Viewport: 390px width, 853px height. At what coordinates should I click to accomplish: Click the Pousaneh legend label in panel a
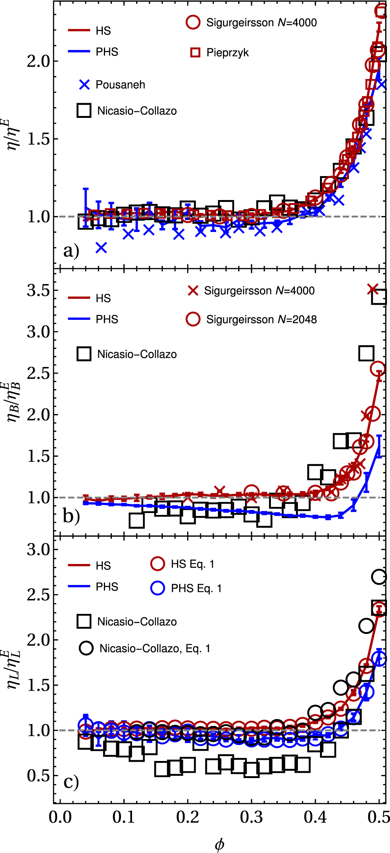point(120,84)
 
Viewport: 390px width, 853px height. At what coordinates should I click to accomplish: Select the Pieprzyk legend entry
point(227,52)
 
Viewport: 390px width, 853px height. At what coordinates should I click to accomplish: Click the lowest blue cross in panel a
point(101,248)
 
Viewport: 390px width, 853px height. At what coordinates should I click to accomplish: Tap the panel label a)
point(71,251)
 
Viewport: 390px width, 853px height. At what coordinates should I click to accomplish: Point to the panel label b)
point(71,516)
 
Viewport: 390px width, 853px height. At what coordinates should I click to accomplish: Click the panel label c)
point(71,782)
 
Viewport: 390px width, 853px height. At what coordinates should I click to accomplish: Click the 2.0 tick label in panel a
point(38,61)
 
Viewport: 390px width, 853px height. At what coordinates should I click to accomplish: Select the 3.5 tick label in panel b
point(38,291)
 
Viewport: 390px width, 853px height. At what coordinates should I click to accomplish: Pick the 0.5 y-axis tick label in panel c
point(38,776)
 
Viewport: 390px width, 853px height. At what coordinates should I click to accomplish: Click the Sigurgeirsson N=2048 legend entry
point(261,319)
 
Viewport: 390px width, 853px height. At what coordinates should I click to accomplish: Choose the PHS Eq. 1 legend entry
point(196,588)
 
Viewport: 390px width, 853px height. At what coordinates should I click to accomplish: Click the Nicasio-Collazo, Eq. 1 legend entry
point(154,648)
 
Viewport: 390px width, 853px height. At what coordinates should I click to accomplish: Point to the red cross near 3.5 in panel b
point(373,289)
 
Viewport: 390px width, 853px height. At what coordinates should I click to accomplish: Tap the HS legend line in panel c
point(79,565)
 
